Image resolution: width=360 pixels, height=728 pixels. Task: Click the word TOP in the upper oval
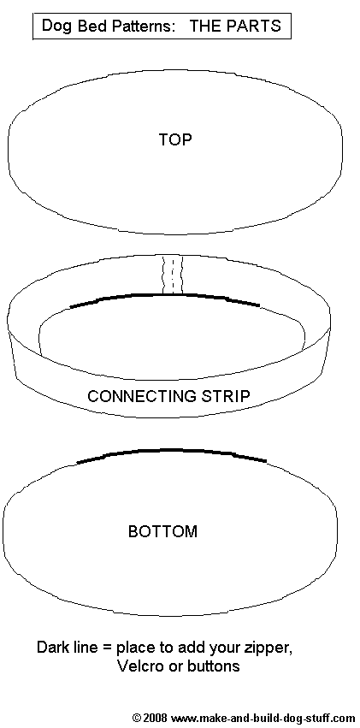pos(175,139)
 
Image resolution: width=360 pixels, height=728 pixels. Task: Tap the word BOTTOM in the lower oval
pos(162,531)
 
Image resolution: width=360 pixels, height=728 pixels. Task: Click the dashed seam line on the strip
pos(172,275)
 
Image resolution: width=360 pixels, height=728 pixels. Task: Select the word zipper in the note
pos(270,648)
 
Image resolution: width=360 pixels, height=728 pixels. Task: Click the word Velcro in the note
pos(139,666)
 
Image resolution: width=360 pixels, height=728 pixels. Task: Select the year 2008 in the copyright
pos(155,718)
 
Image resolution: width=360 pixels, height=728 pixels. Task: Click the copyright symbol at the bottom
pos(137,718)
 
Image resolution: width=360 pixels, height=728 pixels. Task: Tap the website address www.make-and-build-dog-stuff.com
pos(263,719)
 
